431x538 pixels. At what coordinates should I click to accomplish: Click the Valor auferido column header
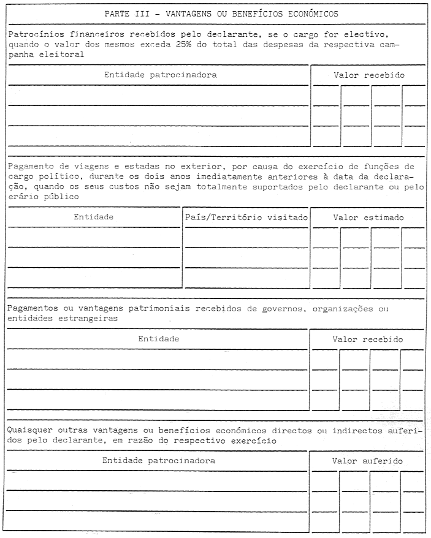(367, 460)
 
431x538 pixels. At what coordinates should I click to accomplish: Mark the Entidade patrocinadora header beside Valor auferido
(159, 460)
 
